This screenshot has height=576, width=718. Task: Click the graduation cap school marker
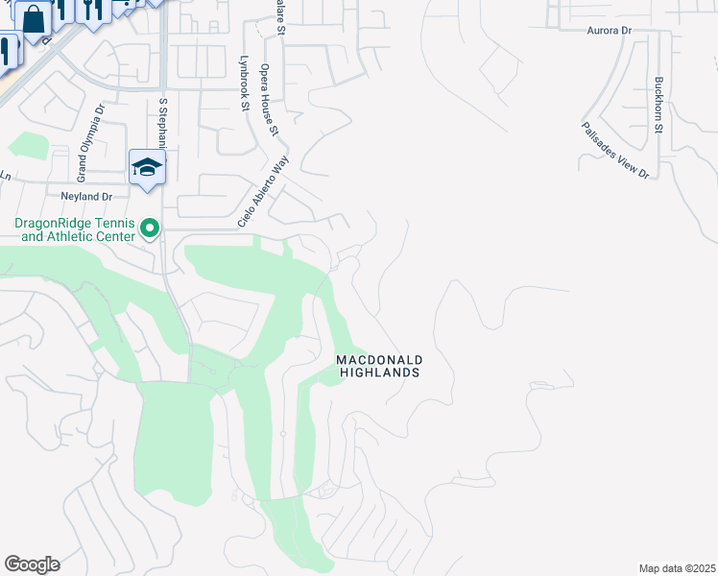tap(147, 167)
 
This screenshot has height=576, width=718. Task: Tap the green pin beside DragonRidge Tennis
tap(149, 228)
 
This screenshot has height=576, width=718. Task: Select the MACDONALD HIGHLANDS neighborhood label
tap(379, 366)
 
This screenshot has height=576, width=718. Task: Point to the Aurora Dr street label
tap(610, 31)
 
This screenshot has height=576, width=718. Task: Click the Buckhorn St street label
tap(658, 105)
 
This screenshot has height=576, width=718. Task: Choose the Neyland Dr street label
tap(86, 196)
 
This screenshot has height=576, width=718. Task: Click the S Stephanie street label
tap(163, 121)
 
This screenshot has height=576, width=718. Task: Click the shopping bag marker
tap(33, 18)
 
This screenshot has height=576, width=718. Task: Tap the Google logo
tap(32, 564)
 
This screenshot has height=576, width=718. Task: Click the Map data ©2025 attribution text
tap(677, 568)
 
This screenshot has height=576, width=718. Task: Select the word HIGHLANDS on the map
tap(379, 372)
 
